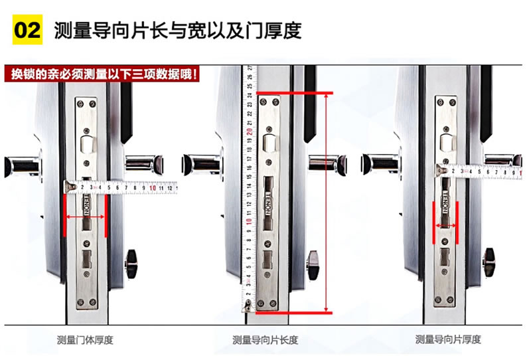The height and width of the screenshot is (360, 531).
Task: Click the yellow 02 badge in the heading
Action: [28, 31]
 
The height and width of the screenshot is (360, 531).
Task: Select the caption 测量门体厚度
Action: [85, 340]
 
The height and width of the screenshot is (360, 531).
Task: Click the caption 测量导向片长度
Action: [265, 340]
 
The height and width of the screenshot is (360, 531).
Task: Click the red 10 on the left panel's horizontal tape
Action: [153, 188]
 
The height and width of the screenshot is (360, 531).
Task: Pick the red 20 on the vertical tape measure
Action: [249, 131]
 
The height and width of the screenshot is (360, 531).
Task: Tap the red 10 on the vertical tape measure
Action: [249, 221]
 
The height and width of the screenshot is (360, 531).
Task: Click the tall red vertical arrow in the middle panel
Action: [327, 203]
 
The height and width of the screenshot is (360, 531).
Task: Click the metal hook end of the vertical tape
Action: [248, 307]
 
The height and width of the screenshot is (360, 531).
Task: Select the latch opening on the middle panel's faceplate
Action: [270, 143]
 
